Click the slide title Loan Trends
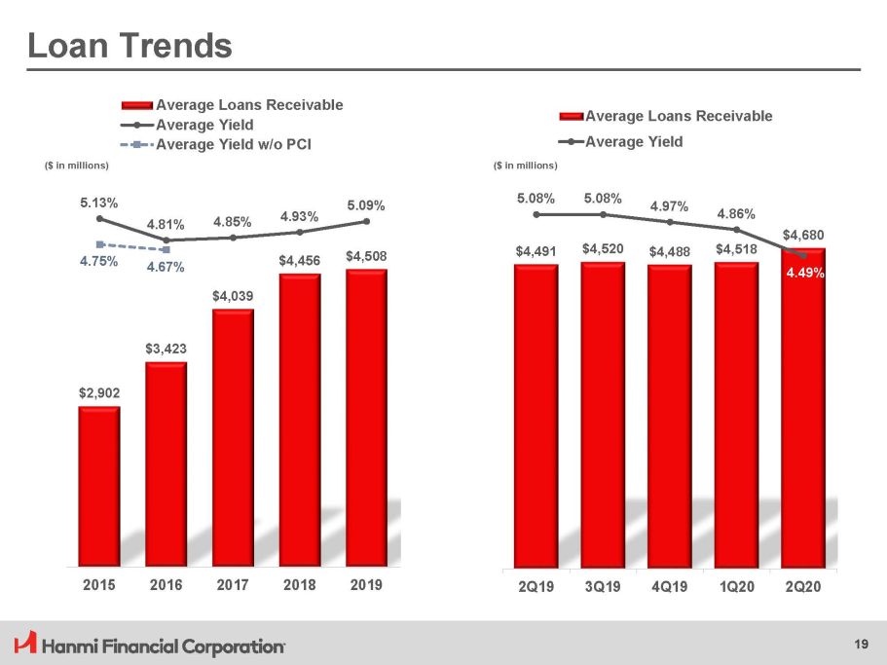pyautogui.click(x=129, y=45)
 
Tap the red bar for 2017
pyautogui.click(x=233, y=437)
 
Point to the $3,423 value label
pyautogui.click(x=166, y=348)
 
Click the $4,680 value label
pyautogui.click(x=803, y=235)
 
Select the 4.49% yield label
pyautogui.click(x=805, y=274)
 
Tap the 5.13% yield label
pyautogui.click(x=99, y=203)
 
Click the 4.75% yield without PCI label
pyautogui.click(x=99, y=261)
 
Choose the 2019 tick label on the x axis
pyautogui.click(x=366, y=586)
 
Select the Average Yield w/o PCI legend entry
pyautogui.click(x=239, y=144)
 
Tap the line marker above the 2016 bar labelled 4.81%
pyautogui.click(x=166, y=240)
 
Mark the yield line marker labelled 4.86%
pyautogui.click(x=736, y=230)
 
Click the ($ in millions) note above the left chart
pyautogui.click(x=79, y=166)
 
